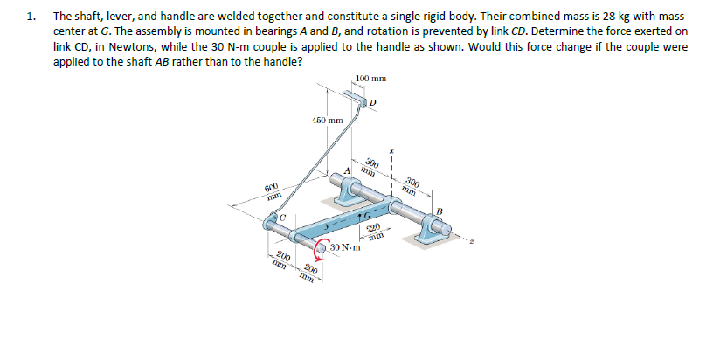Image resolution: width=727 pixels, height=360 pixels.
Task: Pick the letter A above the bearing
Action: [347, 170]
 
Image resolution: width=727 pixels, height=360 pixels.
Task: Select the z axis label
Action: [495, 246]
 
